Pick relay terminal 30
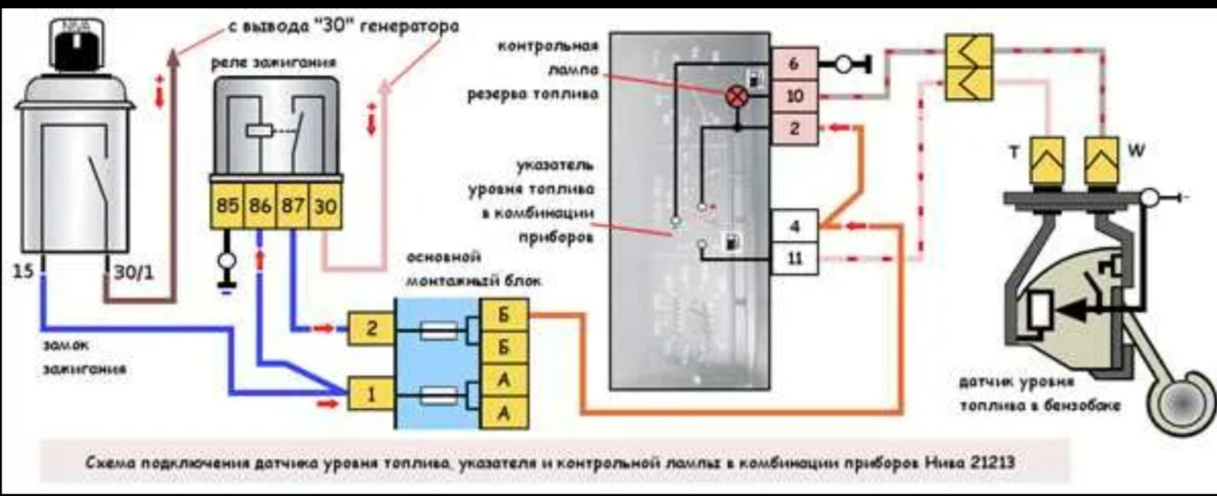pyautogui.click(x=325, y=205)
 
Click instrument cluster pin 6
pyautogui.click(x=794, y=64)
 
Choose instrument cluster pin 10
pyautogui.click(x=794, y=96)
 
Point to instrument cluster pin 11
pyautogui.click(x=795, y=259)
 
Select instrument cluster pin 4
pyautogui.click(x=795, y=226)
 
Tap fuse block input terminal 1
pyautogui.click(x=371, y=394)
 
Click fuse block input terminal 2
pyautogui.click(x=371, y=327)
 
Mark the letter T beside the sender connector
pyautogui.click(x=1014, y=152)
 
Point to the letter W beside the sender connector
pyautogui.click(x=1135, y=151)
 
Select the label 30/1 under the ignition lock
pyautogui.click(x=134, y=273)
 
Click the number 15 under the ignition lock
pyautogui.click(x=24, y=271)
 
